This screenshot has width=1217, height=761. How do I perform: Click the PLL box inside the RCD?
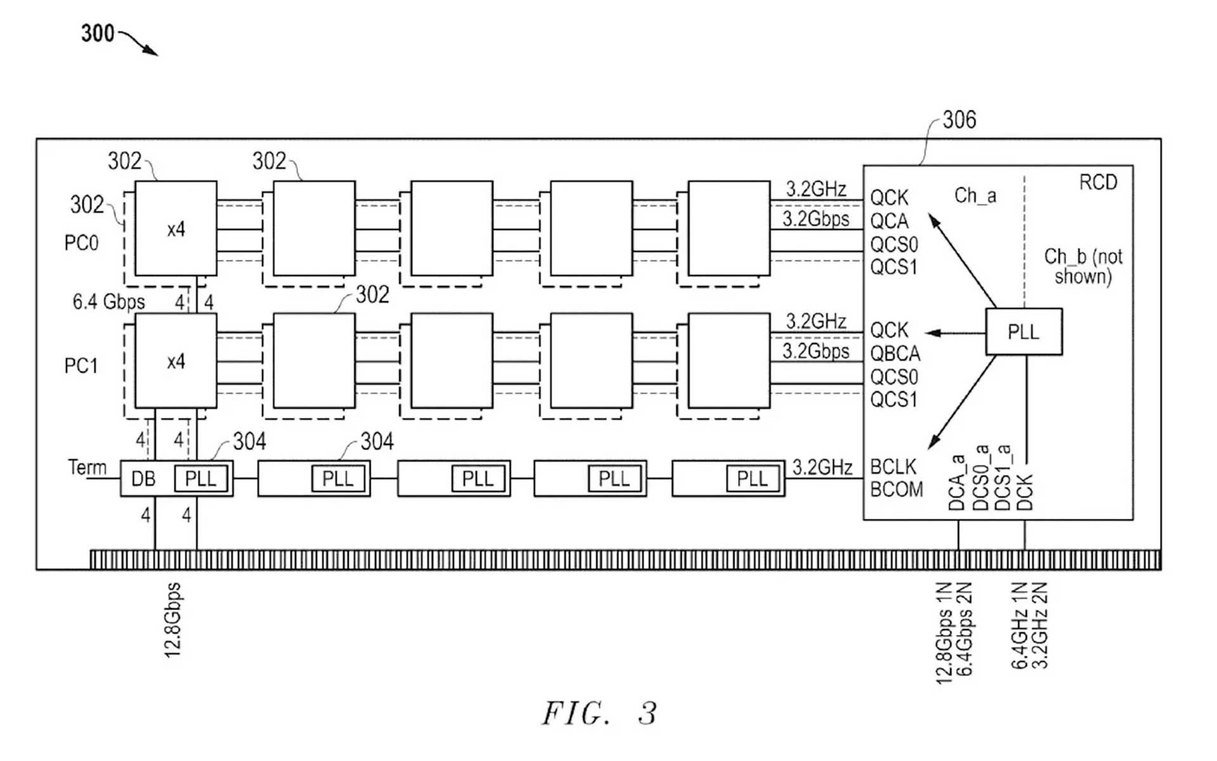click(1023, 332)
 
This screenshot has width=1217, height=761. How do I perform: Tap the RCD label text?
click(1098, 183)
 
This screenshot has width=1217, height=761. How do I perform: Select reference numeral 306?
click(959, 119)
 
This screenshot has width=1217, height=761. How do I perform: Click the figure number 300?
click(98, 33)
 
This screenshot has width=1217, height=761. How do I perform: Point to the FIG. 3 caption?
click(598, 713)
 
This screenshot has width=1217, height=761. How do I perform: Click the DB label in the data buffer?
click(143, 478)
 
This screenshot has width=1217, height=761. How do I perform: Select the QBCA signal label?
click(895, 353)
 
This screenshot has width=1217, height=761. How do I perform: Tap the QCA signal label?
click(889, 221)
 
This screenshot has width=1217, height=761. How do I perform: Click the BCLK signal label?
click(893, 467)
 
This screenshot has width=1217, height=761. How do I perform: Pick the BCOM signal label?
click(896, 490)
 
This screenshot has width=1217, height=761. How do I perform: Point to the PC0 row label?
click(81, 243)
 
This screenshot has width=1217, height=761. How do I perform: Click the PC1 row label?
click(81, 366)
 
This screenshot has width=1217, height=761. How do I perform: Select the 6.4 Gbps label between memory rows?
click(108, 302)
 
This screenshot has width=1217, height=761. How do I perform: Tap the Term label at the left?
click(87, 467)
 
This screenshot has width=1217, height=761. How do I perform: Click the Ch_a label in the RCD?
click(975, 195)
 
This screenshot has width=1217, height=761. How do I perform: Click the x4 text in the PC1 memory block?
click(176, 361)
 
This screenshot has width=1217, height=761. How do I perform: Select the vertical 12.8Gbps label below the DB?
click(173, 620)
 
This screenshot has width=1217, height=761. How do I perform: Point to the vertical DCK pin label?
click(1025, 492)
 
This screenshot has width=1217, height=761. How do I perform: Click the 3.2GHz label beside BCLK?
click(822, 467)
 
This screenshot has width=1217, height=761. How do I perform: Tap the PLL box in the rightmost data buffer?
click(752, 478)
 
